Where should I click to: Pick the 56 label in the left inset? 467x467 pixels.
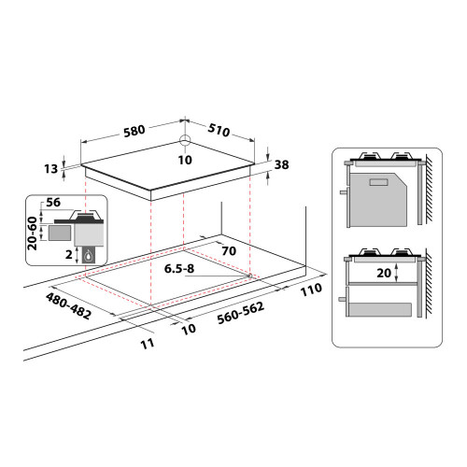point(53,203)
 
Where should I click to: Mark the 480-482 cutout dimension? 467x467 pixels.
point(67,304)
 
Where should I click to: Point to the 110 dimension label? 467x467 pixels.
point(312,290)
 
